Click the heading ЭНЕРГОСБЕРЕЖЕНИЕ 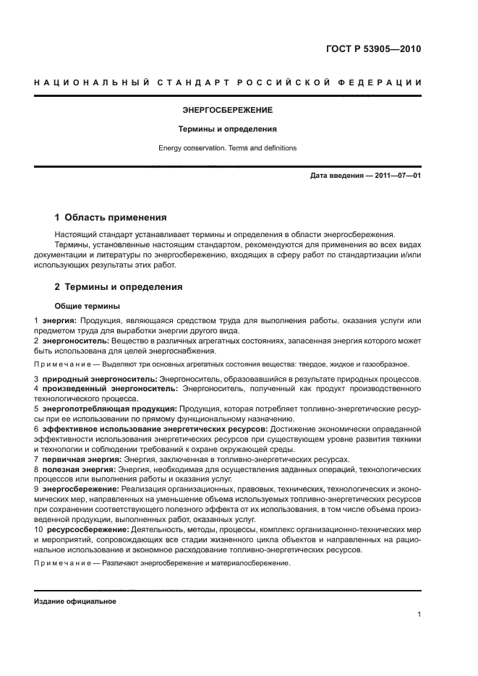pyautogui.click(x=227, y=111)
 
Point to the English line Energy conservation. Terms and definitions pyautogui.click(x=227, y=148)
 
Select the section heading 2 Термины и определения pyautogui.click(x=119, y=287)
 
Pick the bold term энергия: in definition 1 pyautogui.click(x=60, y=320)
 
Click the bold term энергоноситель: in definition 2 pyautogui.click(x=76, y=340)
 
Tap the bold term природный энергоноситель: pyautogui.click(x=100, y=379)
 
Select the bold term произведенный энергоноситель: pyautogui.click(x=106, y=389)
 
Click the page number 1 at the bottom pyautogui.click(x=419, y=615)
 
